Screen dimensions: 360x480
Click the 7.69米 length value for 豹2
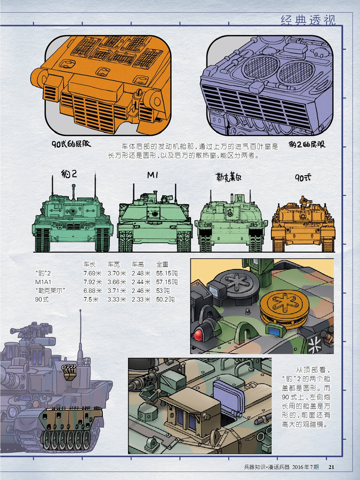pos(93,273)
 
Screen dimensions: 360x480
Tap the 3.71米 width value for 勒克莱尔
pos(117,291)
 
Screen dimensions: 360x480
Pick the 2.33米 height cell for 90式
pos(141,299)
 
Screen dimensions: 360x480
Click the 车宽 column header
pos(114,264)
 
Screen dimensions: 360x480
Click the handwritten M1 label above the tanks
pos(153,175)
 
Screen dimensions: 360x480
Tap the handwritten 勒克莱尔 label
pos(229,177)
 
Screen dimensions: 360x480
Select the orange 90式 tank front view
pos(303,224)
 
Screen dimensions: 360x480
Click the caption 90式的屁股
pos(71,144)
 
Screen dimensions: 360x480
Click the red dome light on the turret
pos(198,335)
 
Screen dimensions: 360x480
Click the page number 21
pos(332,467)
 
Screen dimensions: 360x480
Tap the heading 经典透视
pos(308,20)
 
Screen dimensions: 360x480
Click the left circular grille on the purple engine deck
pos(261,66)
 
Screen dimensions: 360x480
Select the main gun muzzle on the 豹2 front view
pos(73,211)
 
